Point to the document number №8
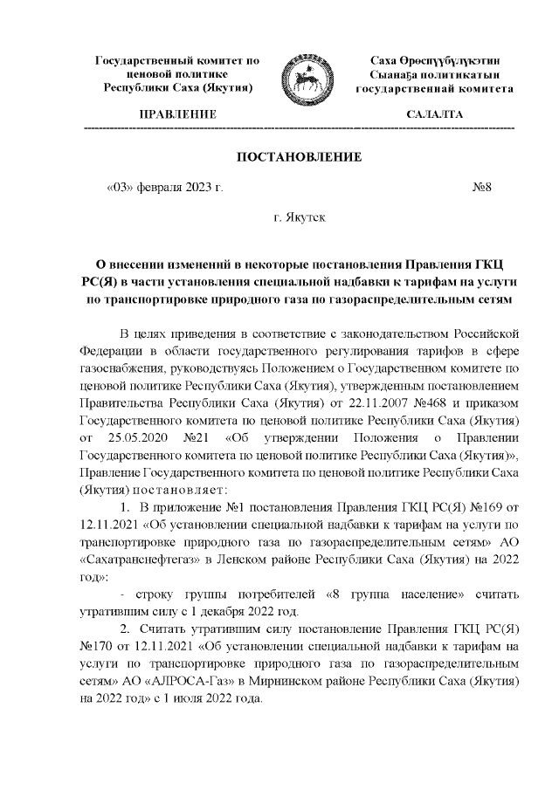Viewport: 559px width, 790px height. (x=483, y=187)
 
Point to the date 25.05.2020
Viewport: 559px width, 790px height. (x=139, y=436)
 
